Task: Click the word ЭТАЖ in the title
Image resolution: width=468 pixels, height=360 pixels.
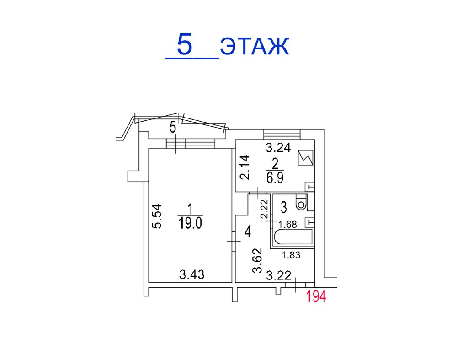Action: (255, 46)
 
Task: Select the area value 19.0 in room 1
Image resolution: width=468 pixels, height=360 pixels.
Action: (190, 223)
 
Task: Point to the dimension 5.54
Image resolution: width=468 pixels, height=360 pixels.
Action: (157, 216)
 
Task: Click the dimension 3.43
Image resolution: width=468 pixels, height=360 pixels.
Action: (192, 274)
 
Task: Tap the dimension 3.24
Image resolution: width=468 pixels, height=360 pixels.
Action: (278, 148)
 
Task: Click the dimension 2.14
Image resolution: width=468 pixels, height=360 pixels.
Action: (245, 167)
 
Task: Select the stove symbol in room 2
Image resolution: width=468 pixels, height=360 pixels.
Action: (305, 158)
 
